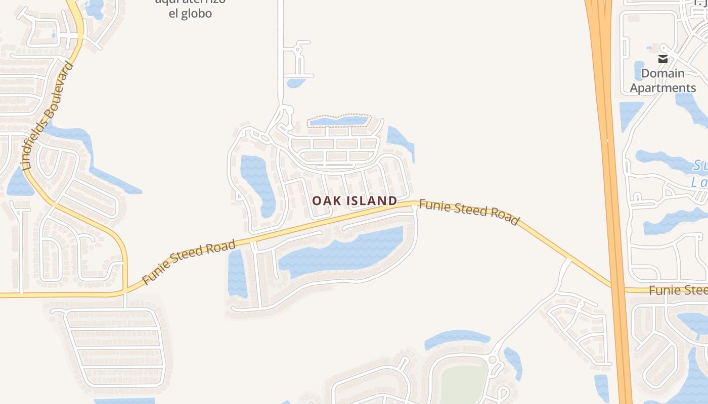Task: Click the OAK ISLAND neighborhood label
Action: pyautogui.click(x=355, y=201)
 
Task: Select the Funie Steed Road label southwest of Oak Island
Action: pyautogui.click(x=189, y=262)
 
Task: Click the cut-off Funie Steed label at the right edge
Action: pyautogui.click(x=678, y=290)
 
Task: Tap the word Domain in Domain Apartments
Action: pyautogui.click(x=662, y=74)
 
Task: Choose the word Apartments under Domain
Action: pyautogui.click(x=662, y=88)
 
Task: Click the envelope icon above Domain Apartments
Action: pyautogui.click(x=662, y=59)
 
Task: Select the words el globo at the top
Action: pyautogui.click(x=190, y=14)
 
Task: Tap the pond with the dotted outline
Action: pyautogui.click(x=339, y=121)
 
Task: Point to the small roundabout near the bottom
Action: pyautogui.click(x=492, y=360)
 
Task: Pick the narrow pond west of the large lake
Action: pyautogui.click(x=236, y=273)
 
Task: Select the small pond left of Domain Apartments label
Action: pyautogui.click(x=639, y=71)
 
